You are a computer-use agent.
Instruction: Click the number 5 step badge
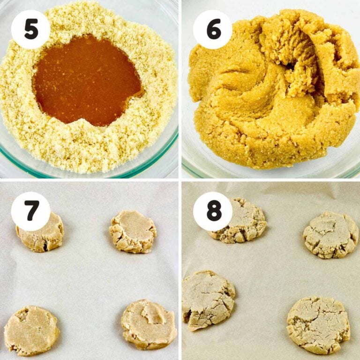30,29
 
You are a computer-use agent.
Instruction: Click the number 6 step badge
212,29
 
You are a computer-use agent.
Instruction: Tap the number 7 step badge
30,211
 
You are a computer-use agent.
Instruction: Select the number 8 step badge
212,211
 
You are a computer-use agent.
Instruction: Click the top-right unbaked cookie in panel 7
133,231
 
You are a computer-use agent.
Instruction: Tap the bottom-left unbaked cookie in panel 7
31,330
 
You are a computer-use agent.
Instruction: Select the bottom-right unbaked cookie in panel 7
149,324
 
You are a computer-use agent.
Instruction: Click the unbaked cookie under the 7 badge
42,237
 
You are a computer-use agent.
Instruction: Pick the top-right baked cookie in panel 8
330,234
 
